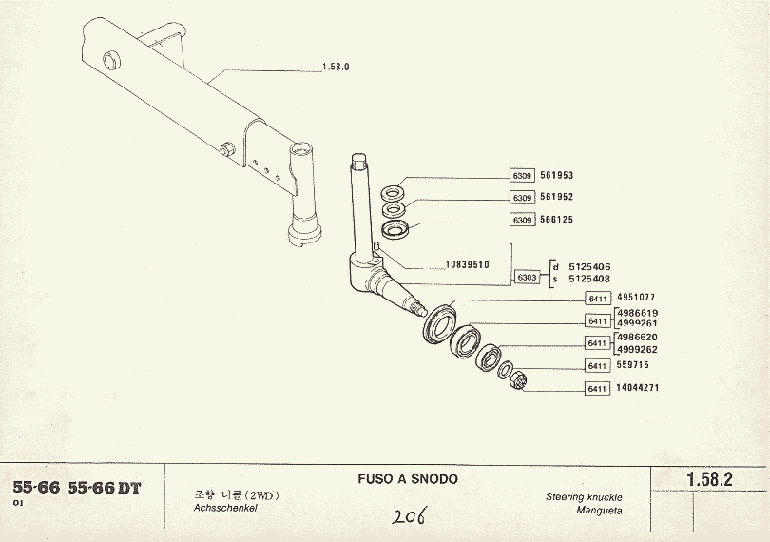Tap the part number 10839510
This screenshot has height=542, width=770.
coord(466,265)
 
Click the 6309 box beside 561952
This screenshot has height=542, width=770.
coord(522,198)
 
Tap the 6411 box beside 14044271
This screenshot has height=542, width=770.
coord(597,388)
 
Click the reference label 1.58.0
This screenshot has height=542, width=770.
coord(337,68)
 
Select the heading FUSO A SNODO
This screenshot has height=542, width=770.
coord(409,479)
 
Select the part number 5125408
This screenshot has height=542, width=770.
coord(589,280)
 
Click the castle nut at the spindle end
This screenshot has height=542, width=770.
coord(520,383)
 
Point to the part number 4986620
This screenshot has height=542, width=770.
coord(637,338)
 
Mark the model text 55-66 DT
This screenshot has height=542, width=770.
coord(105,488)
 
